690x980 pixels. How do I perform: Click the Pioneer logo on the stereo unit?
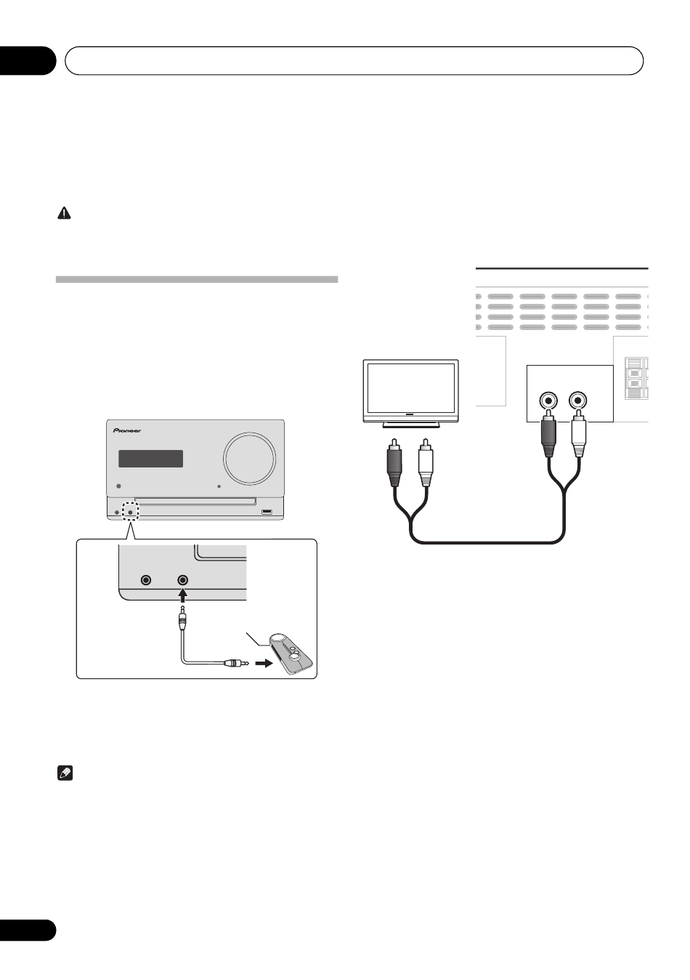[x=126, y=430]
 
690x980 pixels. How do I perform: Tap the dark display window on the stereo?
[x=150, y=459]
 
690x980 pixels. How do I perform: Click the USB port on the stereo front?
[x=267, y=513]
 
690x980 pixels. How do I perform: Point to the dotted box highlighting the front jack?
[x=131, y=511]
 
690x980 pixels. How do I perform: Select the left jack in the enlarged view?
[x=147, y=580]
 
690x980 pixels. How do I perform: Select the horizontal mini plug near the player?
[x=234, y=663]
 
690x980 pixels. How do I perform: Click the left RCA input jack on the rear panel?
[x=548, y=401]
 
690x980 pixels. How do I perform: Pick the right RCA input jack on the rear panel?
[x=578, y=401]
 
